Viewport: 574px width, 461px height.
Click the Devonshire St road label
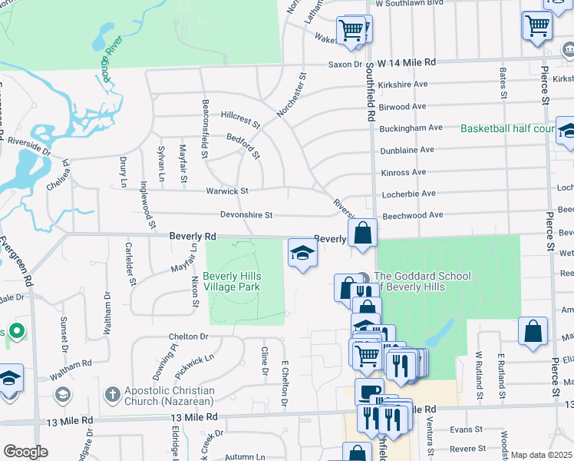247,217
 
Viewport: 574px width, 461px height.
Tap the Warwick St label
226,191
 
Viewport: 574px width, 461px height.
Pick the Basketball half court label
507,128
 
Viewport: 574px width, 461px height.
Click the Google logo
25,452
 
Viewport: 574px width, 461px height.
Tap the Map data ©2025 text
541,455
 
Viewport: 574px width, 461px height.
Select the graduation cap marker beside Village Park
302,254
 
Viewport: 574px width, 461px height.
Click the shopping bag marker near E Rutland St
533,331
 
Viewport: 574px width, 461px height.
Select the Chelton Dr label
188,337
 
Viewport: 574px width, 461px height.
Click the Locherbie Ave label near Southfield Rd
408,194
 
